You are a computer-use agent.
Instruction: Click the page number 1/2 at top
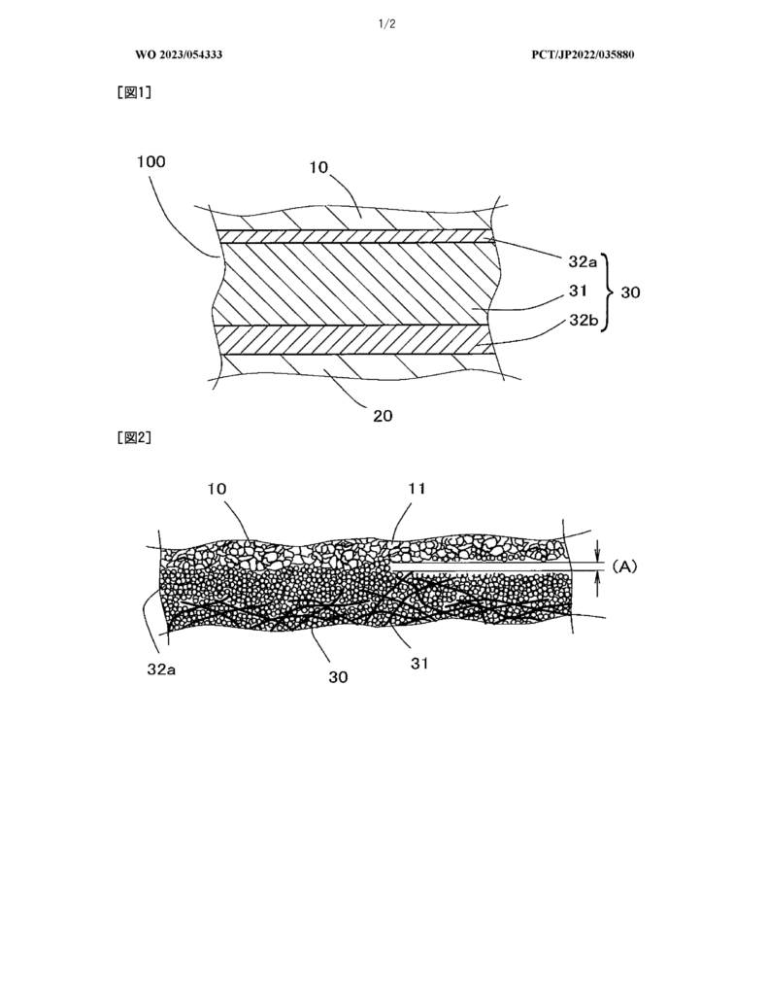pyautogui.click(x=386, y=24)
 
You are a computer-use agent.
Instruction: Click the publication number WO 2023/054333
pyautogui.click(x=179, y=54)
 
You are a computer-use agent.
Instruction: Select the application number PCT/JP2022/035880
pyautogui.click(x=583, y=54)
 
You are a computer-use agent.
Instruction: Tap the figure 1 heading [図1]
pyautogui.click(x=134, y=92)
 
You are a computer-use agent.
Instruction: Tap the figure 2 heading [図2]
pyautogui.click(x=134, y=438)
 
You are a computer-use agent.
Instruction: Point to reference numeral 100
pyautogui.click(x=150, y=162)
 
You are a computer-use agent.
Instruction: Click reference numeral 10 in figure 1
pyautogui.click(x=318, y=167)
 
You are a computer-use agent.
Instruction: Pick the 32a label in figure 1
pyautogui.click(x=582, y=261)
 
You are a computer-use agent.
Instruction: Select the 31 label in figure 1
pyautogui.click(x=577, y=292)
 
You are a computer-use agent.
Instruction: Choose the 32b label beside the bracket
pyautogui.click(x=583, y=320)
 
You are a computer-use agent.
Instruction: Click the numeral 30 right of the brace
pyautogui.click(x=630, y=292)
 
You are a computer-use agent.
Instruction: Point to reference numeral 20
pyautogui.click(x=383, y=416)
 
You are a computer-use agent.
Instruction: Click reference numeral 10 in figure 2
pyautogui.click(x=217, y=489)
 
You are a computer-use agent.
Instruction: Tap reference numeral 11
pyautogui.click(x=417, y=489)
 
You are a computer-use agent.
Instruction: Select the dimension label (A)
pyautogui.click(x=624, y=566)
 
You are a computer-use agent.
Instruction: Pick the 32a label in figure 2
pyautogui.click(x=161, y=669)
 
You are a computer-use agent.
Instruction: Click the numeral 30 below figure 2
pyautogui.click(x=338, y=677)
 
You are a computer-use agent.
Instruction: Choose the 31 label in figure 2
pyautogui.click(x=419, y=663)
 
